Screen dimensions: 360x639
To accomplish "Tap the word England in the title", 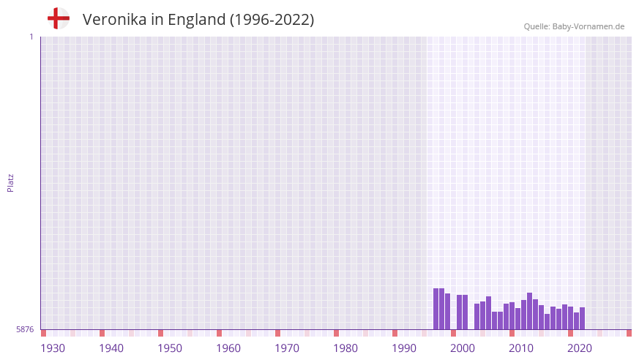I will point(196,20).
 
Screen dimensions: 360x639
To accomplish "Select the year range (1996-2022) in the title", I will point(272,20).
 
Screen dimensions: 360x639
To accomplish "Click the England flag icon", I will point(59,18).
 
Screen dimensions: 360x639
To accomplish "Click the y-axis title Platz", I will point(10,182).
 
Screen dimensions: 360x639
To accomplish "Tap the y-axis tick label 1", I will point(31,37).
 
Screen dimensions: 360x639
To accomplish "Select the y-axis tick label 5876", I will point(25,330).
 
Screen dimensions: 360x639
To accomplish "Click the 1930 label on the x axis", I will point(53,348).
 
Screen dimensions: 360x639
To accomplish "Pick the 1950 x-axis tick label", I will point(170,348).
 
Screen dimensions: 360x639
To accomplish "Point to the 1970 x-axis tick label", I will point(287,348).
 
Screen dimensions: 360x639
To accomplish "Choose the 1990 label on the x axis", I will point(404,348).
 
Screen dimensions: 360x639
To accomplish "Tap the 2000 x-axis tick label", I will point(463,348).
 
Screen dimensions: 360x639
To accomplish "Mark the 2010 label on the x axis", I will point(521,348).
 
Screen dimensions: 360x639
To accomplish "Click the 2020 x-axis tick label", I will point(580,348).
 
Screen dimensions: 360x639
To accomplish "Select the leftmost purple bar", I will point(436,309).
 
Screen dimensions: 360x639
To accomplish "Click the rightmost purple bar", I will point(583,318).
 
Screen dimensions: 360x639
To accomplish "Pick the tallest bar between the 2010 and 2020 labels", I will point(530,311).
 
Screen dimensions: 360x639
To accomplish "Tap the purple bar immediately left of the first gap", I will point(448,311).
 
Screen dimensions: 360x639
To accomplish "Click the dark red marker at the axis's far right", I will point(629,333).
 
